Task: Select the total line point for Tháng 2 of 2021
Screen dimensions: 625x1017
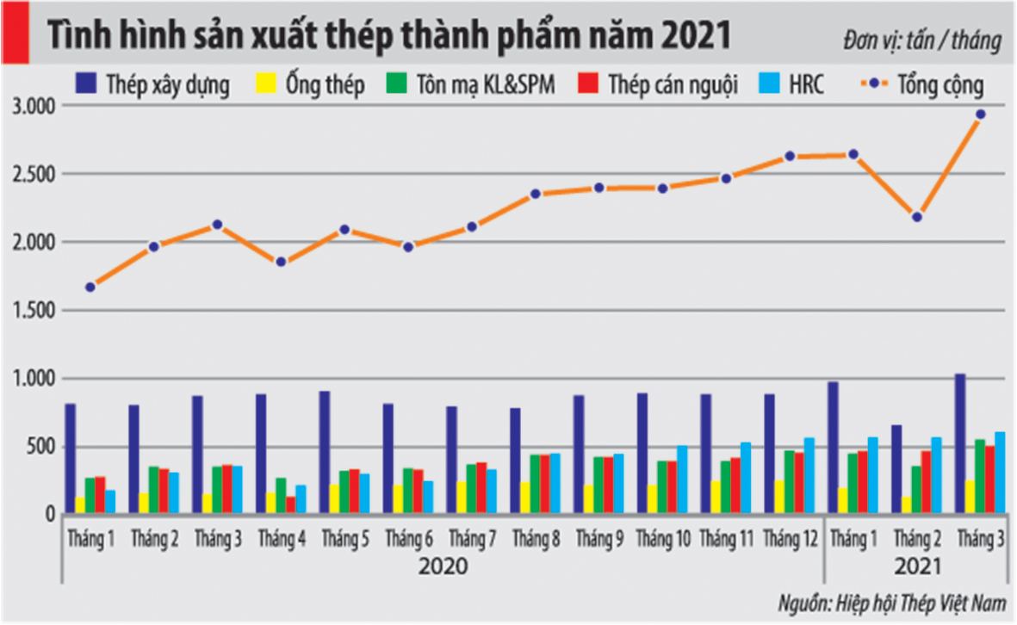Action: [917, 217]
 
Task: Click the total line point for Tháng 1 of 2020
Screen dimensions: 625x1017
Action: [90, 288]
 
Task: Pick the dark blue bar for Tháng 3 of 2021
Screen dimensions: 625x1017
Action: [960, 443]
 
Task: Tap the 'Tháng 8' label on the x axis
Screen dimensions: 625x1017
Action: [536, 541]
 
